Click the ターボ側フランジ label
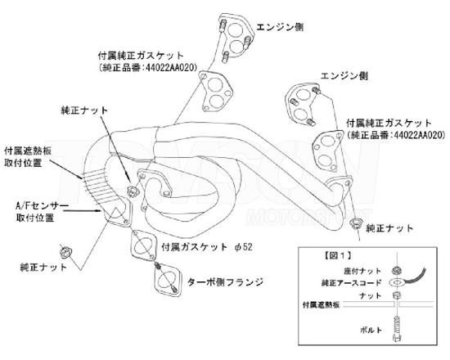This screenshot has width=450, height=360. pos(226,282)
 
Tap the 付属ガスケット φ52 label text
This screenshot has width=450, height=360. pos(207,247)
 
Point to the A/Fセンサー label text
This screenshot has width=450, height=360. pos(43,206)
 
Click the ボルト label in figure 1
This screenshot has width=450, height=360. pos(371,330)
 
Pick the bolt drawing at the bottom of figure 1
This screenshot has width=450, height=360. pos(397,328)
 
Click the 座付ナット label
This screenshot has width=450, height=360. pos(362,271)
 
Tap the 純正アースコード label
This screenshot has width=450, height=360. pos(351,283)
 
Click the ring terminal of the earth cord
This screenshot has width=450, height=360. pos(397,282)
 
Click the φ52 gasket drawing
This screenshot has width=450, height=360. pos(143,245)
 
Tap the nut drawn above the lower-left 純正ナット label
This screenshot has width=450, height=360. pos(65,252)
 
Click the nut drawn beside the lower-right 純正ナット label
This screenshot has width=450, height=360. pos(355,223)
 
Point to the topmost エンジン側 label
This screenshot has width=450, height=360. pos(280,27)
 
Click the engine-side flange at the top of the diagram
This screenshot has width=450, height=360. pos(236,37)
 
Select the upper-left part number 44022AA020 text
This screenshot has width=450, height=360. pos(171,68)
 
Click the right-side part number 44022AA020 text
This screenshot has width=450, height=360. pos(420,135)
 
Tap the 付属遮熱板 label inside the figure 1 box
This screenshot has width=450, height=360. pos(322,304)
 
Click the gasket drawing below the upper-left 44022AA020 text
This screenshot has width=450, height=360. pos(215,92)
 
